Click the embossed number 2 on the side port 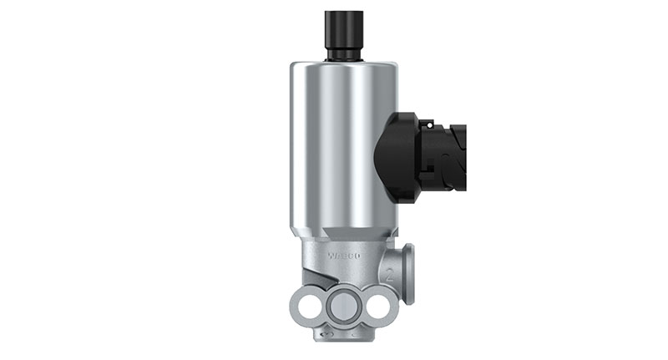390,273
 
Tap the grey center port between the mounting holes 343,307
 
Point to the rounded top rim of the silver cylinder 343,65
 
